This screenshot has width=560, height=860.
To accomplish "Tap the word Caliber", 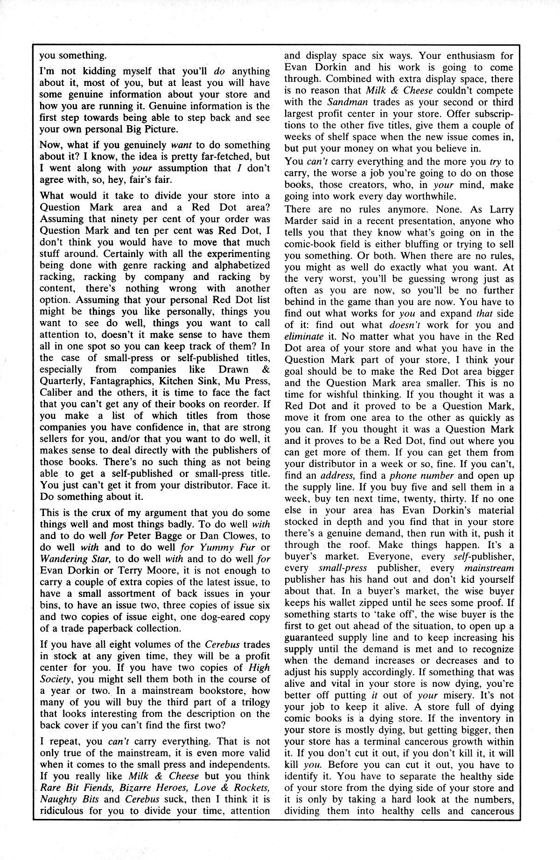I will [x=56, y=393].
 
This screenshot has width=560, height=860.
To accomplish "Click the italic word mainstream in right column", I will [x=489, y=568].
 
